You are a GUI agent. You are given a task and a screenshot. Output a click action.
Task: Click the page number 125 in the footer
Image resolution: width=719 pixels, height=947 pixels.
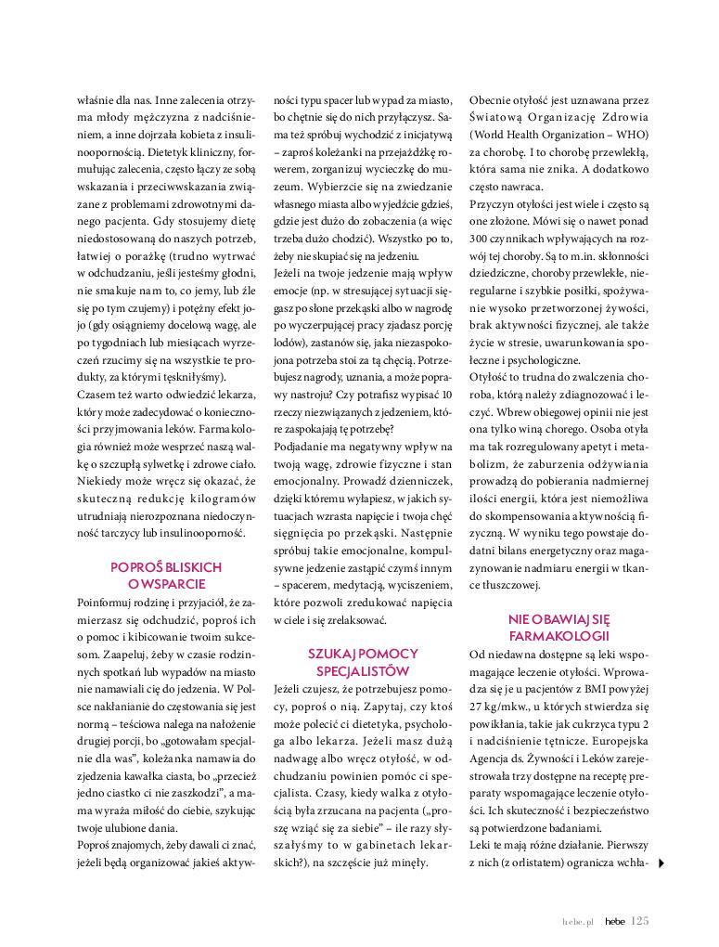point(639,921)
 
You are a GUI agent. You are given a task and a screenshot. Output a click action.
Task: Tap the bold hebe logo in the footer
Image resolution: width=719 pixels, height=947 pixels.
point(613,921)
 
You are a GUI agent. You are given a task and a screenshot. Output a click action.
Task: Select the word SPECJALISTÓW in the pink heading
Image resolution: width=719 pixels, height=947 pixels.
point(363,670)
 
